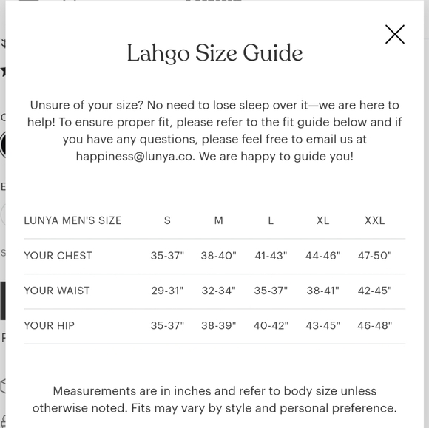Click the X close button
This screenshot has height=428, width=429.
(x=395, y=34)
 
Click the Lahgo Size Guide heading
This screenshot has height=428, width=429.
(x=214, y=53)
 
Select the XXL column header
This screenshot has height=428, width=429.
(x=374, y=220)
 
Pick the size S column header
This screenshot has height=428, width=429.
(x=167, y=220)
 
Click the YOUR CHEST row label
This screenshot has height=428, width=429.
(x=58, y=256)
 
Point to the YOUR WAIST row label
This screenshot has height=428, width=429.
(x=57, y=291)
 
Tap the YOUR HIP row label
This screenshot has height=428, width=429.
(x=49, y=325)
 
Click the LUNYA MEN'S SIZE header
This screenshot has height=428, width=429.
(x=72, y=220)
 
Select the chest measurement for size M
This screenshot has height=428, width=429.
(x=218, y=256)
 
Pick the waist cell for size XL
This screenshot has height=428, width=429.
(x=322, y=291)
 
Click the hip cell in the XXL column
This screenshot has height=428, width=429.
(x=374, y=325)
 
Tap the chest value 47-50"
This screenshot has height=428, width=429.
(x=374, y=256)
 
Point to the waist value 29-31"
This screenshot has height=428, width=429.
(x=167, y=291)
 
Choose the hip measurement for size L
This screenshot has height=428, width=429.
(x=271, y=325)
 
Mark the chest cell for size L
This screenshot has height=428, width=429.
(x=271, y=256)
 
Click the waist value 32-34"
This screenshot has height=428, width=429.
(x=218, y=291)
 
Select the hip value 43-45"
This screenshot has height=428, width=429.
(x=322, y=325)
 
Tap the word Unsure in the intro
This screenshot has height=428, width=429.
(x=50, y=106)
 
